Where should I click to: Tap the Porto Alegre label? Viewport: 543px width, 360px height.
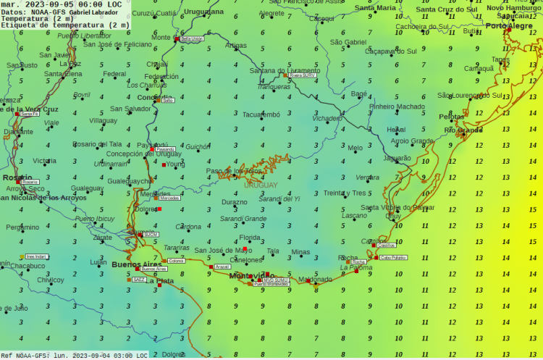tap(508, 26)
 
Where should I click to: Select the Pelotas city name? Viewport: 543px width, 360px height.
tap(451, 117)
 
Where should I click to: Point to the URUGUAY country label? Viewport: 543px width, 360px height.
tap(261, 185)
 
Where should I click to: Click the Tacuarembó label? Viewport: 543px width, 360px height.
tap(261, 114)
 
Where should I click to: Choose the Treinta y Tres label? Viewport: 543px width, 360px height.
tap(345, 193)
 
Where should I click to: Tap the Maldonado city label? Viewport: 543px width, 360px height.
tap(315, 279)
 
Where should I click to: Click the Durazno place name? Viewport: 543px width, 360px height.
tap(234, 202)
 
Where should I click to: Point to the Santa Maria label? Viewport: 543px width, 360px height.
tap(375, 8)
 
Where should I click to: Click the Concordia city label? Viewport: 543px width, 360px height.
tap(155, 97)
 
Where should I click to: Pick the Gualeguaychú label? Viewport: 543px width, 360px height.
tap(130, 181)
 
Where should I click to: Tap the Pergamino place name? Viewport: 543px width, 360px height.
tap(22, 227)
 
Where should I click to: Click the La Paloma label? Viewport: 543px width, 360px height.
tap(356, 267)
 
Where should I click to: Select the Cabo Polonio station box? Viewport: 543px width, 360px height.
tap(392, 257)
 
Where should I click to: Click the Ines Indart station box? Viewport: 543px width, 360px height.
tap(36, 256)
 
